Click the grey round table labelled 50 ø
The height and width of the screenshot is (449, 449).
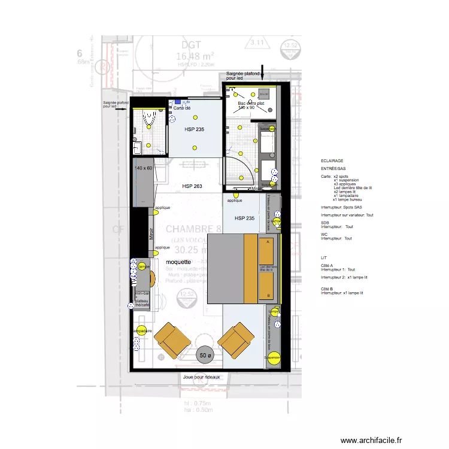(x=205, y=355)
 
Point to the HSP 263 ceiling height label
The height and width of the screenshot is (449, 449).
(x=192, y=186)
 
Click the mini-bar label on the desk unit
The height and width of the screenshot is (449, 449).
(x=142, y=294)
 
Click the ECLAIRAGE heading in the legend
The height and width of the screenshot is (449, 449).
(x=332, y=161)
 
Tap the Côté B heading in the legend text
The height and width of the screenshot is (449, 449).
(x=327, y=288)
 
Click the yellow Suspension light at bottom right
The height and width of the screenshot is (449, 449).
(x=274, y=358)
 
